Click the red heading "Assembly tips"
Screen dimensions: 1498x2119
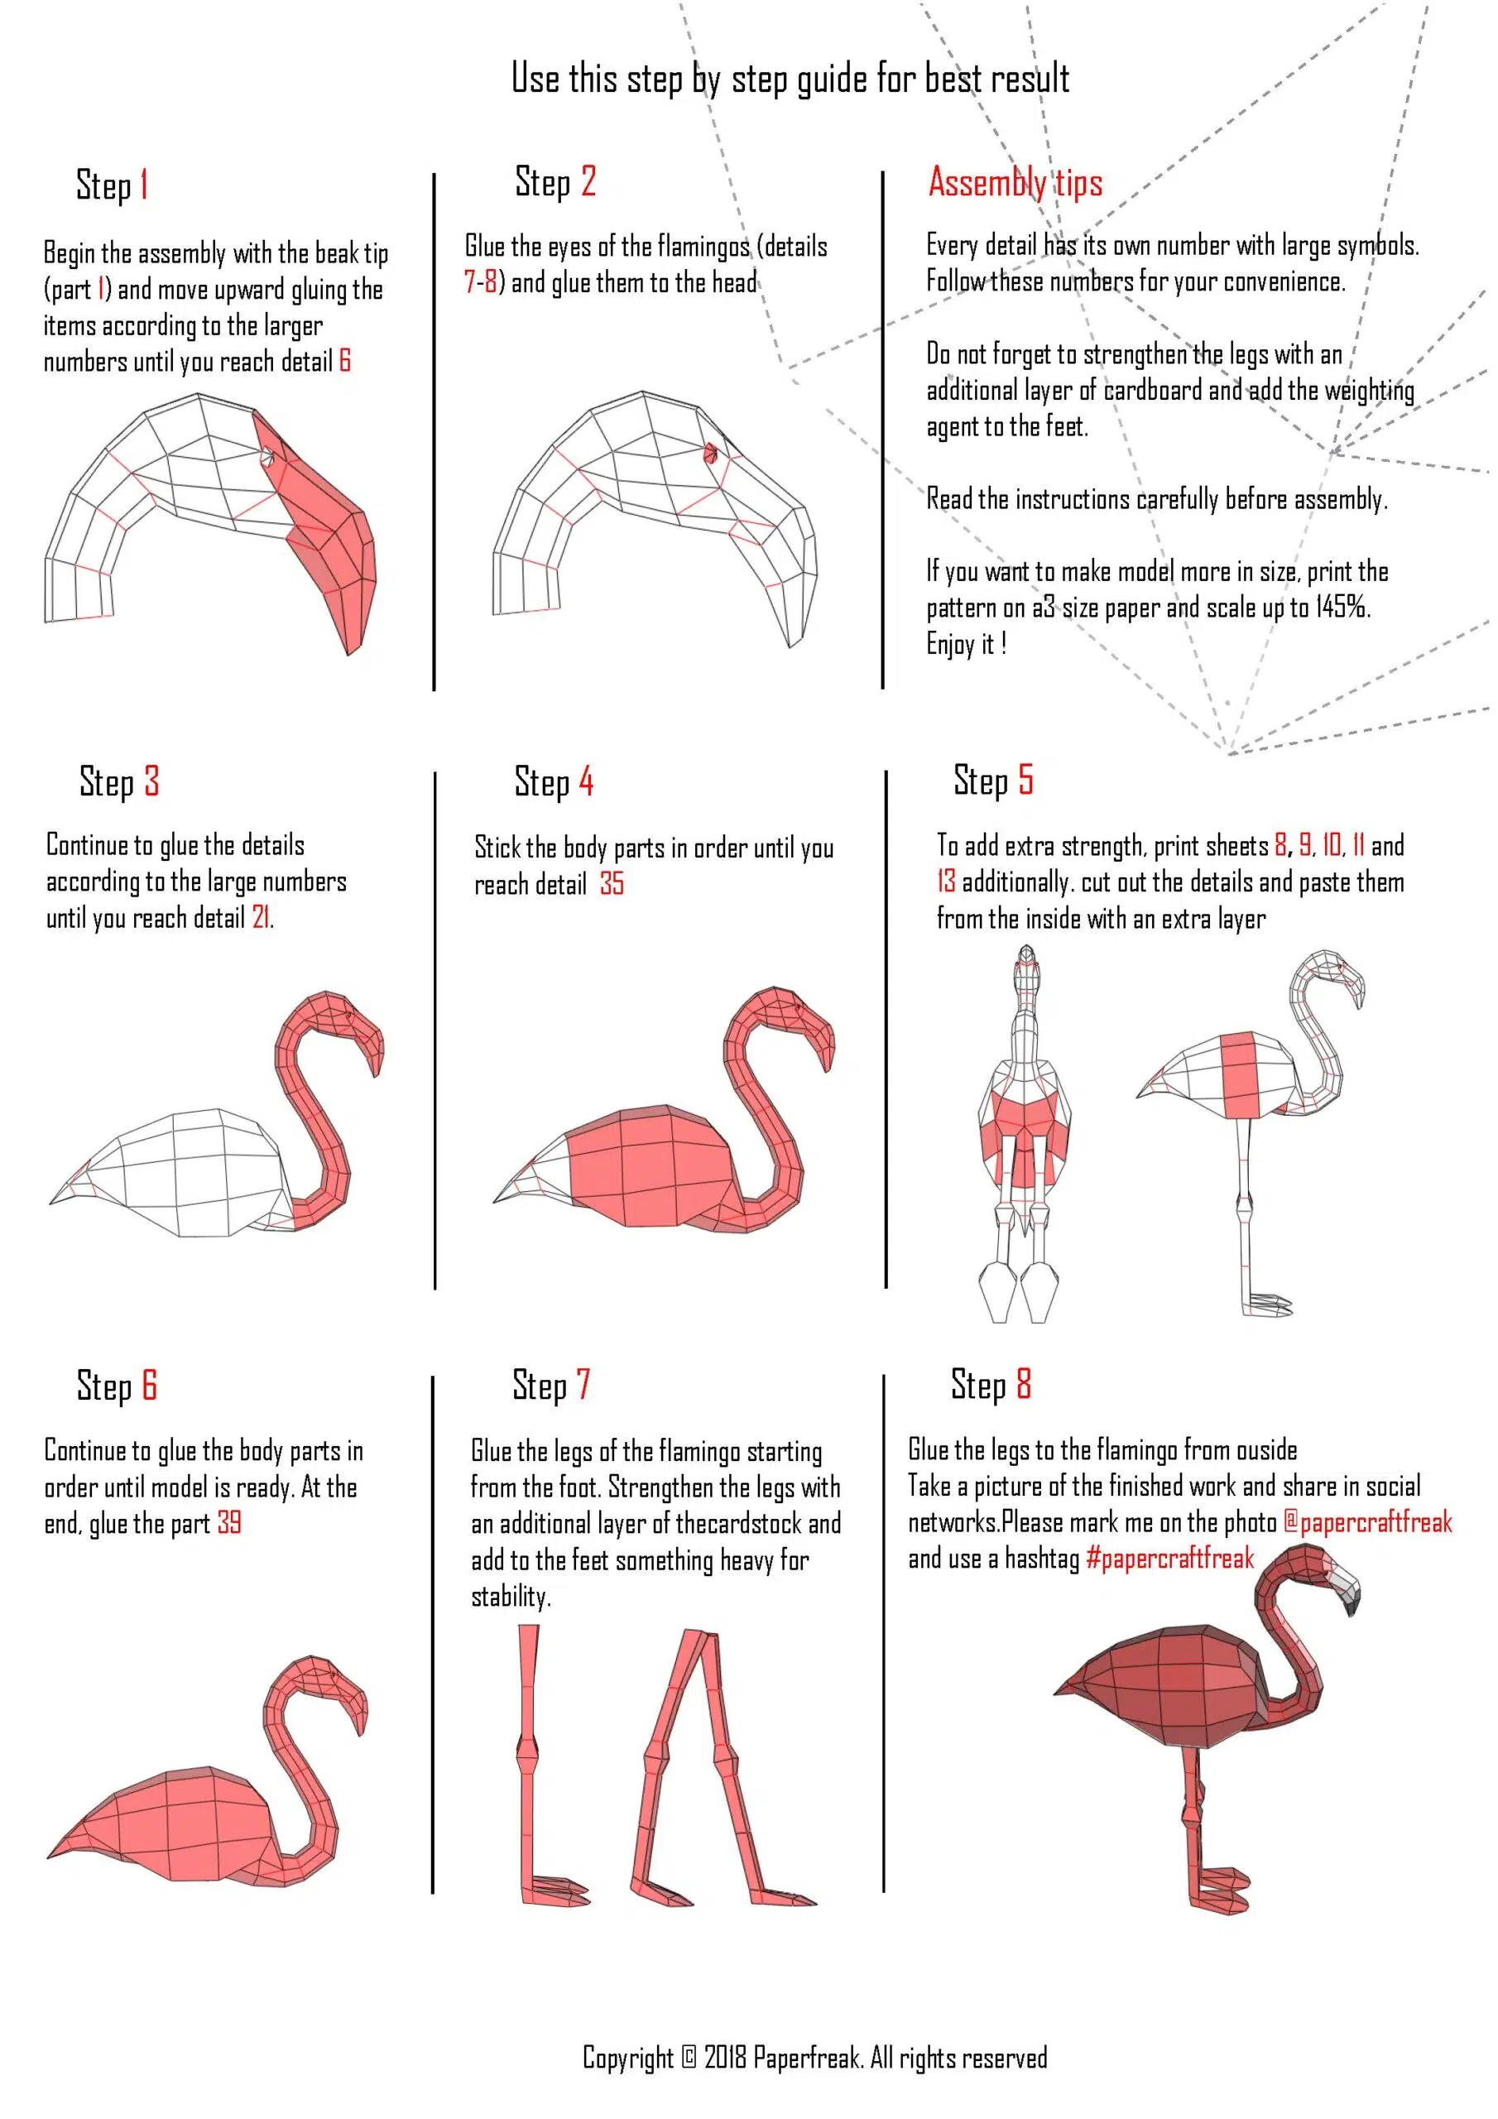1015,183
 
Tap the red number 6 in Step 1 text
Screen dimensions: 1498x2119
344,361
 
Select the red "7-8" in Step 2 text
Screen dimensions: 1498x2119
480,281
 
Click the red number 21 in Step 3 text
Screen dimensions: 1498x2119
262,917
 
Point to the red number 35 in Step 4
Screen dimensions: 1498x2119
612,883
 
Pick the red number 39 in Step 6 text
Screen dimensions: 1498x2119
229,1522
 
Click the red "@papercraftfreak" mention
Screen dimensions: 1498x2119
1368,1523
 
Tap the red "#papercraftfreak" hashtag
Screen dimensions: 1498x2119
1170,1559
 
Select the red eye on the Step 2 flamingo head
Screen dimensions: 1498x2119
711,453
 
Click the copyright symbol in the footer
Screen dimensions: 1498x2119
689,2056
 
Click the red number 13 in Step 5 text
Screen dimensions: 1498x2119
946,882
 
